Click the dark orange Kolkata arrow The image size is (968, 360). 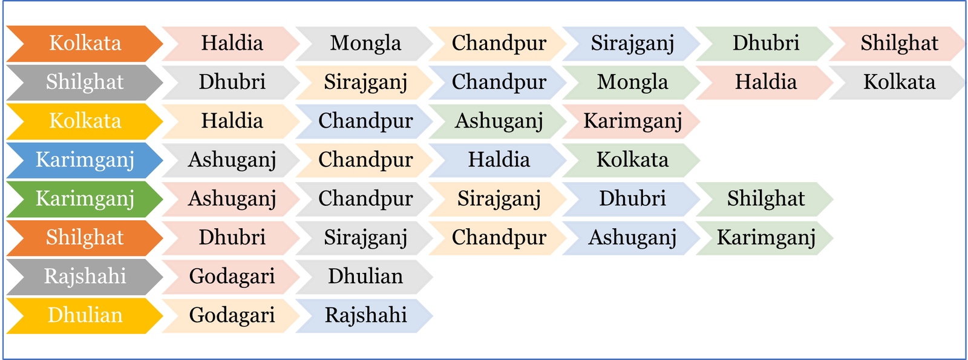pyautogui.click(x=85, y=43)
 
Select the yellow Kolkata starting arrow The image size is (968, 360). pyautogui.click(x=85, y=121)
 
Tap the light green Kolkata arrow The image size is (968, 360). pyautogui.click(x=632, y=160)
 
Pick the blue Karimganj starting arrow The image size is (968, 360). pyautogui.click(x=85, y=160)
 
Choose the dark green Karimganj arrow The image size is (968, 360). pyautogui.click(x=85, y=199)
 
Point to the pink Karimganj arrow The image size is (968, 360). pyautogui.click(x=632, y=122)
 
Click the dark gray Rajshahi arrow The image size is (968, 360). pyautogui.click(x=85, y=277)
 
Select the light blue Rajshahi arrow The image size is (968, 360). pyautogui.click(x=365, y=316)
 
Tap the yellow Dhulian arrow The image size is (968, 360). pyautogui.click(x=85, y=315)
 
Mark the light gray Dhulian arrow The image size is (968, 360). pyautogui.click(x=365, y=277)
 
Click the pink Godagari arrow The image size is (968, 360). pyautogui.click(x=232, y=277)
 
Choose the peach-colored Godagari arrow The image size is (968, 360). pyautogui.click(x=232, y=316)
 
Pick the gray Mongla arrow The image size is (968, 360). pyautogui.click(x=365, y=44)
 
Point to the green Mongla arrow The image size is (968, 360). pyautogui.click(x=632, y=82)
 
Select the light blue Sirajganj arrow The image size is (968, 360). pyautogui.click(x=632, y=44)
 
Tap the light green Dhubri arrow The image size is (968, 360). pyautogui.click(x=765, y=44)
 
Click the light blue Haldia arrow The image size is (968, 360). pyautogui.click(x=499, y=160)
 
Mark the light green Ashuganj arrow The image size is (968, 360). pyautogui.click(x=499, y=122)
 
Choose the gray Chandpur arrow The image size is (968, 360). pyautogui.click(x=365, y=199)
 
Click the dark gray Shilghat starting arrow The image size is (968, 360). pyautogui.click(x=85, y=82)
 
